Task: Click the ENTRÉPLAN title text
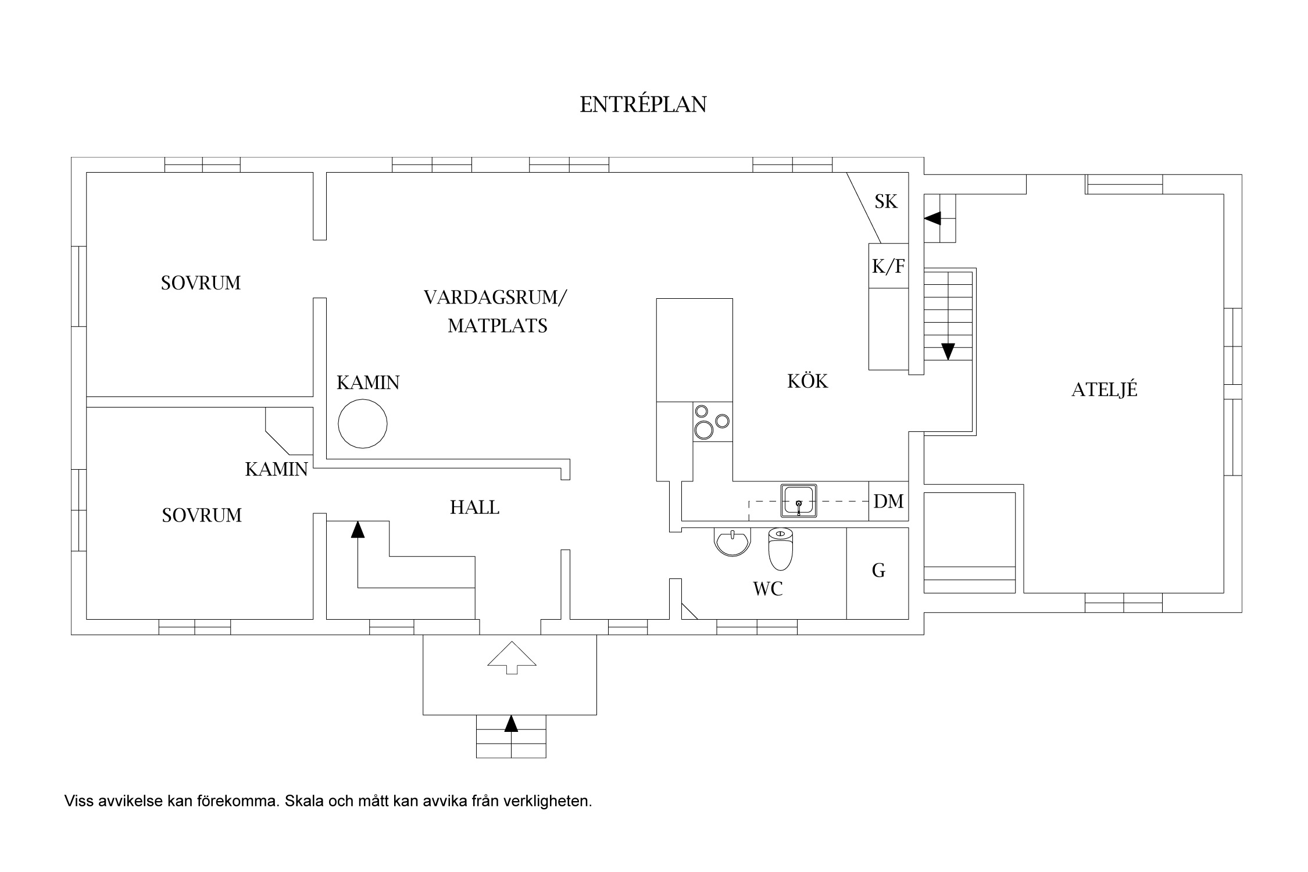point(643,105)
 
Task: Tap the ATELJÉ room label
point(1104,389)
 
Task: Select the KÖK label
point(807,381)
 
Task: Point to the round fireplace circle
point(363,423)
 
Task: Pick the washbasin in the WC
point(732,542)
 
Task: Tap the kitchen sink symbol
point(799,500)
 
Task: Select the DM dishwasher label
point(888,501)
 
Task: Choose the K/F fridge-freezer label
point(888,266)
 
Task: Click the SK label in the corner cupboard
point(886,202)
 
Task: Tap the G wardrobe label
point(878,571)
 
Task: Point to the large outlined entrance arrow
point(512,657)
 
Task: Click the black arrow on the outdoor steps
point(511,724)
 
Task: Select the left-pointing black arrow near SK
point(932,219)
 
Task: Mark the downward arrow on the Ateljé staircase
point(948,351)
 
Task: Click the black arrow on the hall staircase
point(358,529)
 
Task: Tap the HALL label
point(474,508)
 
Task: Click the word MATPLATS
point(498,326)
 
